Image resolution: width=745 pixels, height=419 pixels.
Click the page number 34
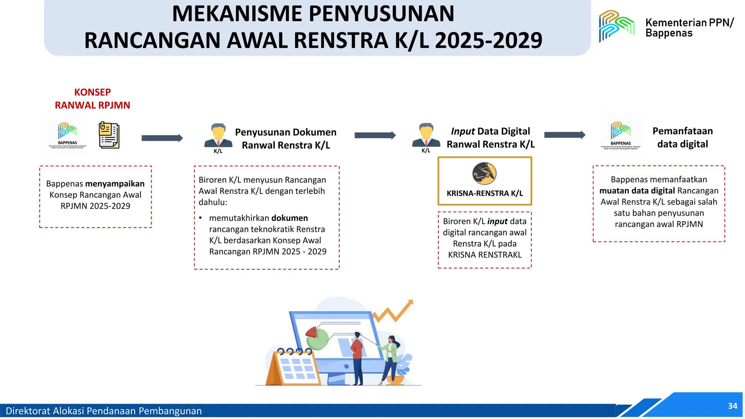732,406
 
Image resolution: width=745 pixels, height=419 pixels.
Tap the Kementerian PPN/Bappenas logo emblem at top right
617,25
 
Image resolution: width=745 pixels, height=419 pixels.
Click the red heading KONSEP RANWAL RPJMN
92,99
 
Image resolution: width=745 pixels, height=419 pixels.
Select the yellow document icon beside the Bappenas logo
109,135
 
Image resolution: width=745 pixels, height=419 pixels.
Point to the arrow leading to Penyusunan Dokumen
162,138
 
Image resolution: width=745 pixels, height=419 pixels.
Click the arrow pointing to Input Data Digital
375,135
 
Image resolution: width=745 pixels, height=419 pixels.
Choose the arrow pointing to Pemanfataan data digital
565,135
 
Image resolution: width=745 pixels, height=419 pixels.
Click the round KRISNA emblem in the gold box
484,173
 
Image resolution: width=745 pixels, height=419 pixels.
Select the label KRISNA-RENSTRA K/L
485,193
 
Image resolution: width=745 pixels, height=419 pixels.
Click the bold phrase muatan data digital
637,191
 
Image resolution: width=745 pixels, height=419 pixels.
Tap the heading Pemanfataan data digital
682,137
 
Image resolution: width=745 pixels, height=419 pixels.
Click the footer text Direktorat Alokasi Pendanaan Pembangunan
104,411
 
